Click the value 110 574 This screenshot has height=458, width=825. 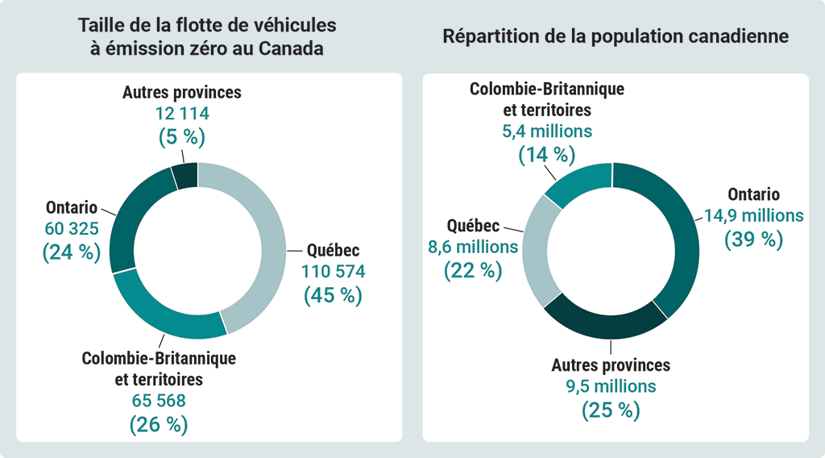333,272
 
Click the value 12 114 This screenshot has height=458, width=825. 181,114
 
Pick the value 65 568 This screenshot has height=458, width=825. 159,400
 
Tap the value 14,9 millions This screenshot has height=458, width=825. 753,216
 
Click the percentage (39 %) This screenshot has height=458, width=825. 753,239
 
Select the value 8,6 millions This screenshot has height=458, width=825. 473,247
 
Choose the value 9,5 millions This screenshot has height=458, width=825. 611,386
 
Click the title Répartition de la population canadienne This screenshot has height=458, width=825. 615,37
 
